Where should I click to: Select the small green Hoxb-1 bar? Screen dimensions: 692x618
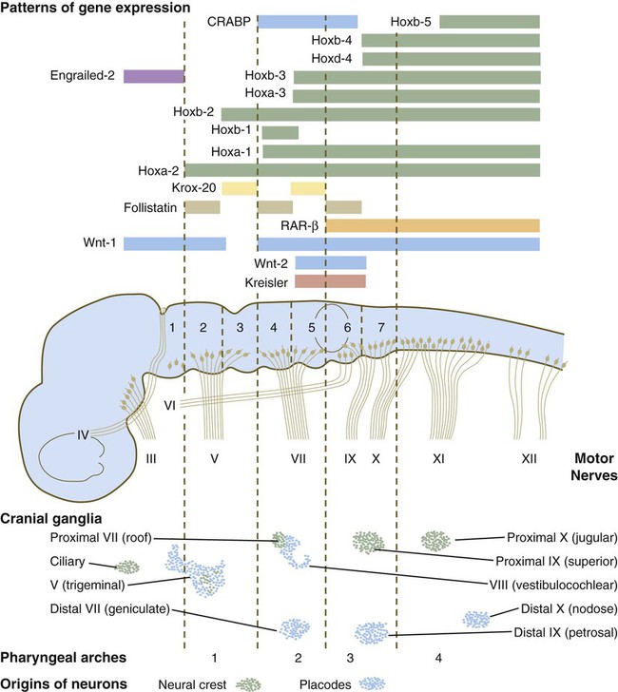pos(280,132)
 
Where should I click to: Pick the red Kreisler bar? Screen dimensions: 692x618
pos(330,280)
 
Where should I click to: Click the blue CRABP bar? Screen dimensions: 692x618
pos(308,21)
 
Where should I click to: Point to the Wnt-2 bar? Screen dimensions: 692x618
pos(330,262)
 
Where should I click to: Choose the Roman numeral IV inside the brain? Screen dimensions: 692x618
pos(83,436)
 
